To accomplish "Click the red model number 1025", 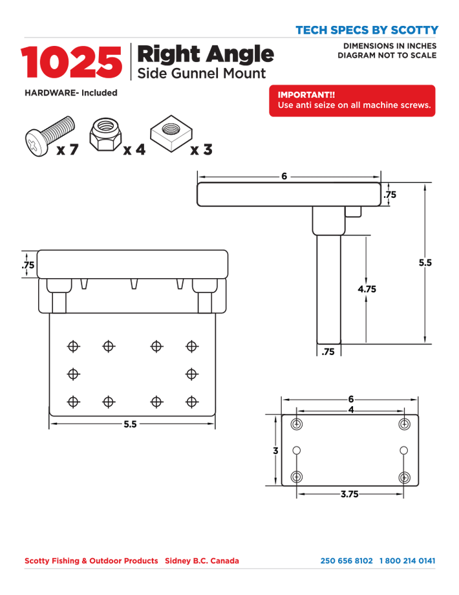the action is pyautogui.click(x=72, y=62).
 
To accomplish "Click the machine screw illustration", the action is pyautogui.click(x=50, y=136).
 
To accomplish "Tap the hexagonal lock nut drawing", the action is pyautogui.click(x=105, y=135).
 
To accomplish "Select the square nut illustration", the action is pyautogui.click(x=171, y=134).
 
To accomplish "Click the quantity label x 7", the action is pyautogui.click(x=67, y=149).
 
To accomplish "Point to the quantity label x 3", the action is pyautogui.click(x=202, y=149).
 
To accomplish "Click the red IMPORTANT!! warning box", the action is pyautogui.click(x=352, y=100).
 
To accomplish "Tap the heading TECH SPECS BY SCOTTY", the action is pyautogui.click(x=367, y=30).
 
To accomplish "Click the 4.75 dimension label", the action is pyautogui.click(x=367, y=289).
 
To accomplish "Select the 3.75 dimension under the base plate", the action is pyautogui.click(x=349, y=494).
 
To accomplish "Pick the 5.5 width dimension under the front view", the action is pyautogui.click(x=130, y=424).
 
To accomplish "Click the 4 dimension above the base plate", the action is pyautogui.click(x=351, y=410).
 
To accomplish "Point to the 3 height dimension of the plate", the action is pyautogui.click(x=276, y=450).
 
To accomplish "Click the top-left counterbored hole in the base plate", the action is pyautogui.click(x=297, y=424).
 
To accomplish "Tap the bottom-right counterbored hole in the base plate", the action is pyautogui.click(x=405, y=477).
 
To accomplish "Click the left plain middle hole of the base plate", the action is pyautogui.click(x=297, y=450).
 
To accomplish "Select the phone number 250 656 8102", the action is pyautogui.click(x=347, y=561).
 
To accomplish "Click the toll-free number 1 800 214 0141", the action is pyautogui.click(x=407, y=561).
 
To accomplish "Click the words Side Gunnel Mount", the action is pyautogui.click(x=202, y=73).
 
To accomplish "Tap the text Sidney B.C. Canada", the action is pyautogui.click(x=202, y=561).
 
